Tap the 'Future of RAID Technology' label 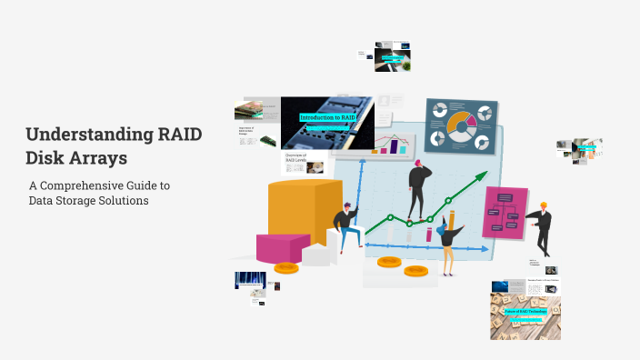coord(525,311)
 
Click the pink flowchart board coord(505,213)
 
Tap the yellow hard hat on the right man coord(544,205)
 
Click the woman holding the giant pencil coord(449,238)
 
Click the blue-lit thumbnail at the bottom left coord(249,280)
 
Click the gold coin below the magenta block coord(286,267)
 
